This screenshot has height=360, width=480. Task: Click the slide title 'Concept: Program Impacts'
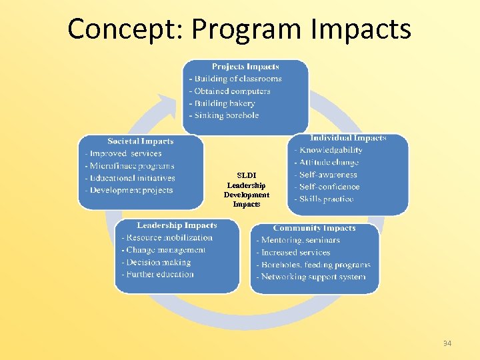[x=239, y=29]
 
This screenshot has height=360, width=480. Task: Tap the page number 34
[x=447, y=343]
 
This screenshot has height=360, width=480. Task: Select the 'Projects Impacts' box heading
[x=245, y=67]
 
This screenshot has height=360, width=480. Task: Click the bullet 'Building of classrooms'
[x=237, y=79]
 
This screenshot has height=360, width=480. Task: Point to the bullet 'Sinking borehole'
[x=225, y=115]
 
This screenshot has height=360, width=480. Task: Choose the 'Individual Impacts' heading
[x=348, y=138]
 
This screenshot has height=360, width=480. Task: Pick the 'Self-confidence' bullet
[x=329, y=187]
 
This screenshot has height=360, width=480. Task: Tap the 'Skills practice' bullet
[x=326, y=199]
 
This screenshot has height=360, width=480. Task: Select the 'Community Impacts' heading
[x=314, y=228]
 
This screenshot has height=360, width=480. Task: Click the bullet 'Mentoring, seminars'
[x=300, y=240]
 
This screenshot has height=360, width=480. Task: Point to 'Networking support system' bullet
[x=313, y=277]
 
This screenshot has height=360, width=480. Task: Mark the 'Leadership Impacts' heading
[x=177, y=225]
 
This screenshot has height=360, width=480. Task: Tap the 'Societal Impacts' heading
[x=140, y=141]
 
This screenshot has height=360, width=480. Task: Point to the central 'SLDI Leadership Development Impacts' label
[x=247, y=190]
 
